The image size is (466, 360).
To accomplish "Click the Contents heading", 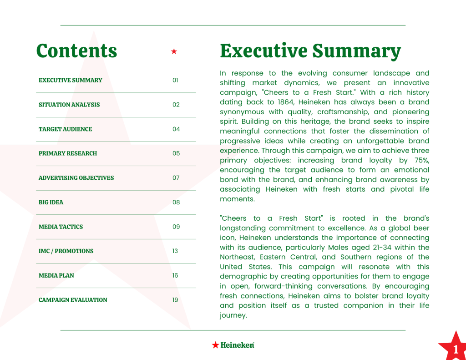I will click(x=76, y=51).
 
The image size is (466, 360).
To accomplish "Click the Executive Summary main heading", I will click(x=310, y=51).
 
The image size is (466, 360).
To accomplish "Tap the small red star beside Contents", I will click(x=174, y=51).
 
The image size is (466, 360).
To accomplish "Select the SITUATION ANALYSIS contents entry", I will click(x=69, y=105).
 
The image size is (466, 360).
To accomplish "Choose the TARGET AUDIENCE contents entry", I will click(x=65, y=129).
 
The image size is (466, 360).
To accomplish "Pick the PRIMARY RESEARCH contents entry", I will click(x=68, y=153).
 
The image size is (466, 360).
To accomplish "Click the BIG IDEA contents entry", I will click(x=51, y=202).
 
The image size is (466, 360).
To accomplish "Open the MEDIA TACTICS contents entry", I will click(x=61, y=227).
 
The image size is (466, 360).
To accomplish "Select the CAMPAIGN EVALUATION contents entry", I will click(x=73, y=300).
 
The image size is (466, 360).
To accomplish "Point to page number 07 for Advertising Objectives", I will click(x=176, y=178).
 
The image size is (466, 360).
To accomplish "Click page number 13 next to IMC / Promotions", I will click(x=175, y=251).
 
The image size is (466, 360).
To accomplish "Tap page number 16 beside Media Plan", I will click(x=175, y=275).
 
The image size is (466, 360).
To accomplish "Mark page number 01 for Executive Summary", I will click(x=175, y=80).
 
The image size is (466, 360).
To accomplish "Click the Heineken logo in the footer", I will click(x=233, y=345).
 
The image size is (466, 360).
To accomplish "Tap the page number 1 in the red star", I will click(x=456, y=350).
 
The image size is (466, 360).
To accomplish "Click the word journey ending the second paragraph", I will click(x=233, y=315).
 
